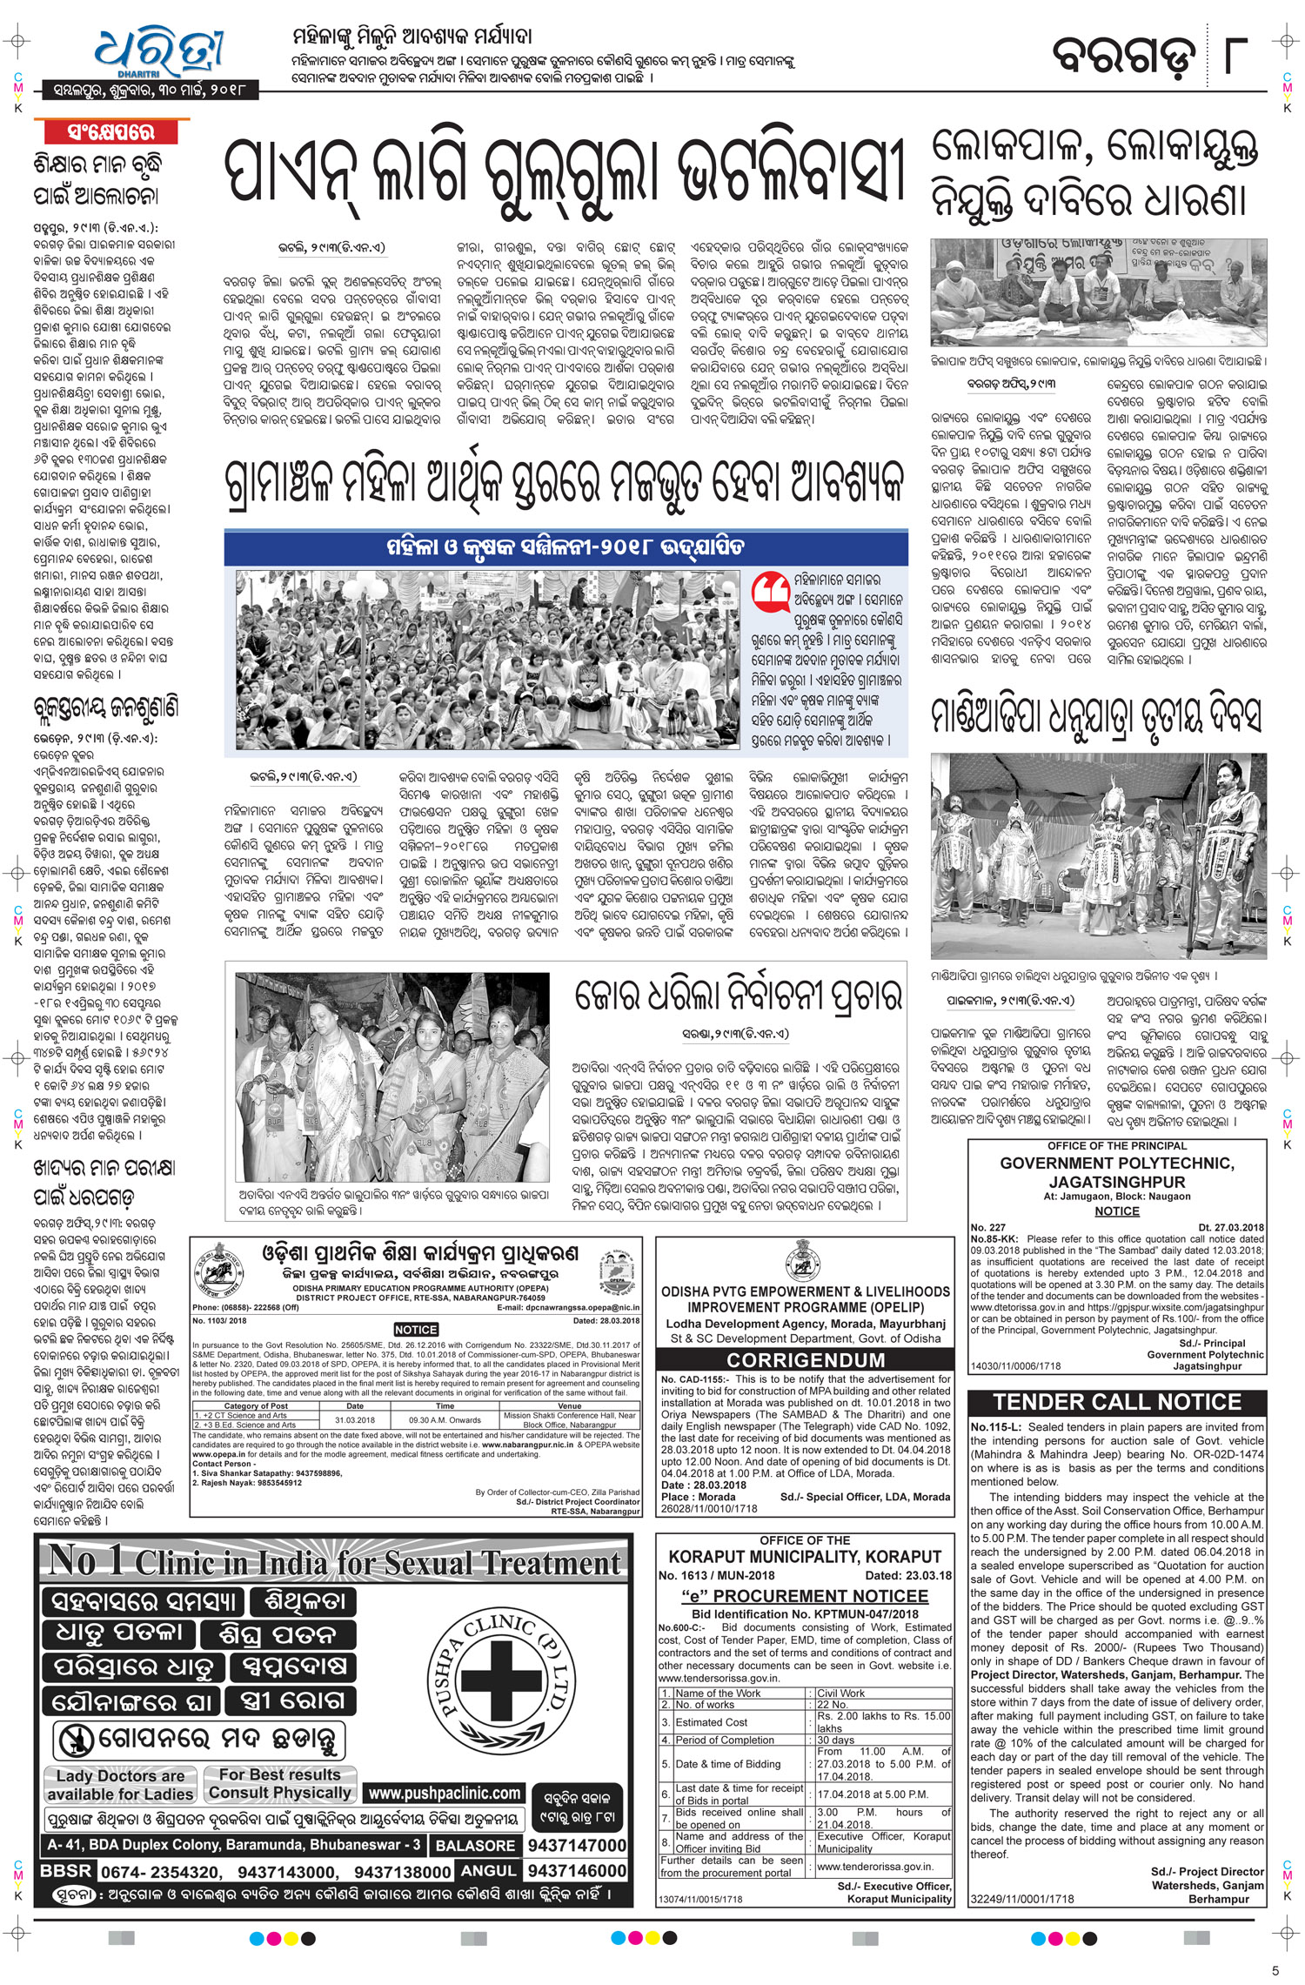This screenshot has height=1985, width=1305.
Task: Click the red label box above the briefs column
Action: pyautogui.click(x=111, y=132)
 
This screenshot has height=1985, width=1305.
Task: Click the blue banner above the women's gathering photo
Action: pyautogui.click(x=565, y=547)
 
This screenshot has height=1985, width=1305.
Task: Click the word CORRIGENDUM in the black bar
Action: pyautogui.click(x=806, y=1359)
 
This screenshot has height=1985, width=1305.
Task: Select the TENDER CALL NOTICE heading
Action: pyautogui.click(x=1117, y=1402)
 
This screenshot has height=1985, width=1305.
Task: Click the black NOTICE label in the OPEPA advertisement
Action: pyautogui.click(x=415, y=1330)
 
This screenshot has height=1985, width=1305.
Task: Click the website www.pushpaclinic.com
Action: pyautogui.click(x=444, y=1793)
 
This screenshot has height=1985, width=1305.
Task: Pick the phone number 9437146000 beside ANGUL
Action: pyautogui.click(x=576, y=1870)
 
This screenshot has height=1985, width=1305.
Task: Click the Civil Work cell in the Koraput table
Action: pyautogui.click(x=840, y=1693)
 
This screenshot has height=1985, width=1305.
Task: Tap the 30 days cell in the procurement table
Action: pyautogui.click(x=836, y=1740)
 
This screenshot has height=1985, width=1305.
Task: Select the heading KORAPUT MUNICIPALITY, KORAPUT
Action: pyautogui.click(x=805, y=1556)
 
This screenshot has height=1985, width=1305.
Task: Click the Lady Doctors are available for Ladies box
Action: pyautogui.click(x=120, y=1785)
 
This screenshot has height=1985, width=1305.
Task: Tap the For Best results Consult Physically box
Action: pyautogui.click(x=279, y=1783)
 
